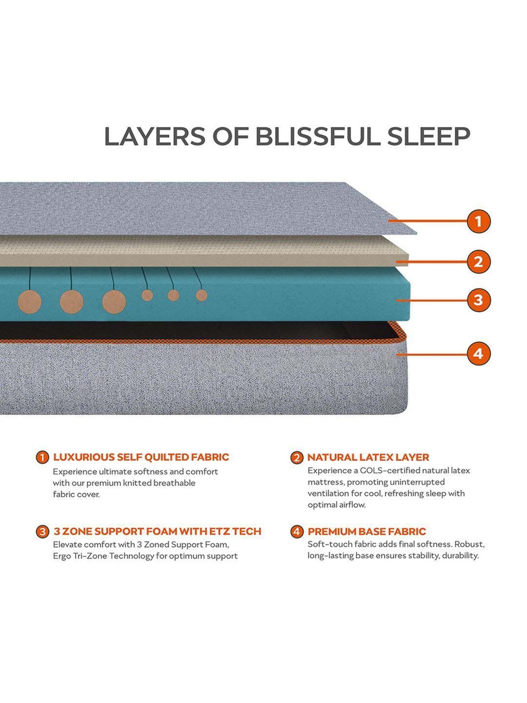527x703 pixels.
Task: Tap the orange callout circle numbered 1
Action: click(479, 221)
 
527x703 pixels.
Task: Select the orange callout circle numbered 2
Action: click(479, 262)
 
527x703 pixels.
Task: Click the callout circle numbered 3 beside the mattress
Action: click(479, 300)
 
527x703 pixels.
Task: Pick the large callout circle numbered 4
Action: click(479, 354)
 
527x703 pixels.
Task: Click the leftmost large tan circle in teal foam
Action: click(30, 302)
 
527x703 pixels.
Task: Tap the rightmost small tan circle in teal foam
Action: click(201, 295)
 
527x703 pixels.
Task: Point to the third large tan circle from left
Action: click(114, 302)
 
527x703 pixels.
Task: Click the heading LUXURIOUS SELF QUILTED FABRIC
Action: click(141, 457)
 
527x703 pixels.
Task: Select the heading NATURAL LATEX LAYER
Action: click(368, 457)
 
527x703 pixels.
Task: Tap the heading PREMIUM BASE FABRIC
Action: click(366, 531)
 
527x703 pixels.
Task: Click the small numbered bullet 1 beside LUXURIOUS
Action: click(42, 457)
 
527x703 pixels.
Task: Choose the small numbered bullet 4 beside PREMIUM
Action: click(297, 531)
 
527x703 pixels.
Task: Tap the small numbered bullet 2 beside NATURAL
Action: click(297, 458)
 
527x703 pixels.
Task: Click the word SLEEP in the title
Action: click(429, 136)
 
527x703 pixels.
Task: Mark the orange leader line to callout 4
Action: click(432, 354)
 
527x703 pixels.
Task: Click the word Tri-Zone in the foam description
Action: click(89, 556)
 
